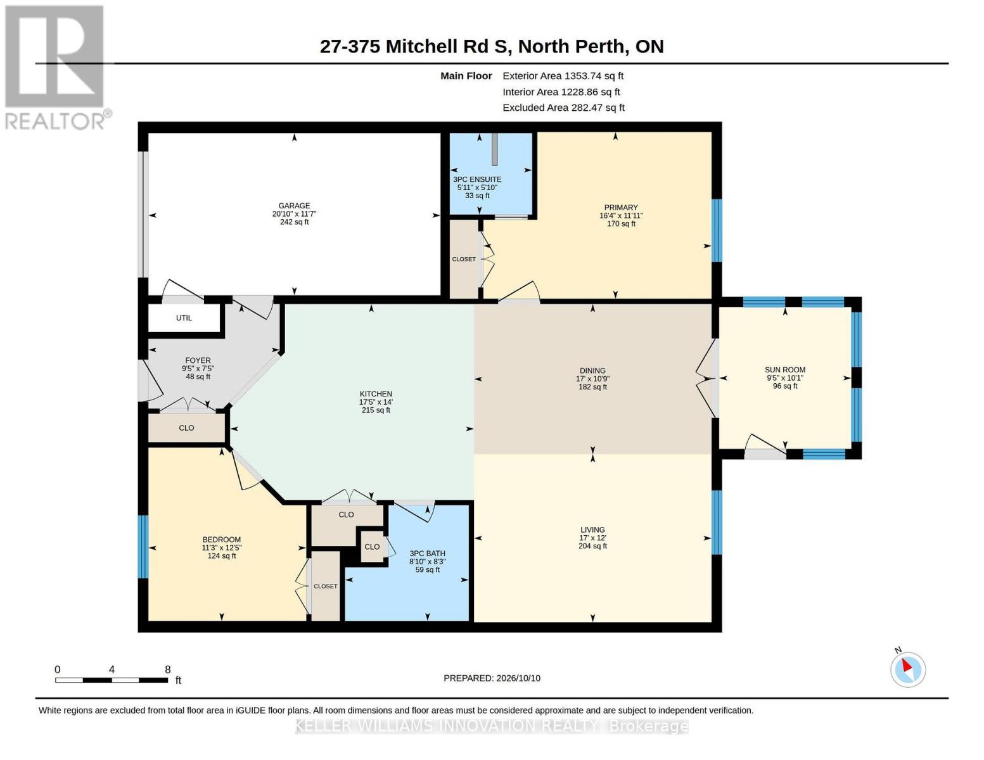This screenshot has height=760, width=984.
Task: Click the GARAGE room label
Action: pyautogui.click(x=294, y=205)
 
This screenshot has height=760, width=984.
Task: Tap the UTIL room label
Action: pyautogui.click(x=184, y=318)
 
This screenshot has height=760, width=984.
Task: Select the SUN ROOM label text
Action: pyautogui.click(x=785, y=369)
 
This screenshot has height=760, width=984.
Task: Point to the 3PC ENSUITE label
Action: pyautogui.click(x=477, y=179)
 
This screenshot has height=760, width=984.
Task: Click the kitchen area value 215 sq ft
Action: pyautogui.click(x=376, y=410)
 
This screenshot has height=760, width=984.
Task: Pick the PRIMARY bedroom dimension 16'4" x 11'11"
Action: pyautogui.click(x=621, y=215)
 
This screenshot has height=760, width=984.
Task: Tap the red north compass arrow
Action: pyautogui.click(x=907, y=665)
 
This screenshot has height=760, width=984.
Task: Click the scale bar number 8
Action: pyautogui.click(x=167, y=669)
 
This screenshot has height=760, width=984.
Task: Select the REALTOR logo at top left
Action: pyautogui.click(x=56, y=68)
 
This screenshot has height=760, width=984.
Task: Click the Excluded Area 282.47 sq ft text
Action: pyautogui.click(x=563, y=108)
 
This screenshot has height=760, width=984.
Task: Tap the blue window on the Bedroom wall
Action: pyautogui.click(x=143, y=547)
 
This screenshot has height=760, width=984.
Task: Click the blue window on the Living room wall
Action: pyautogui.click(x=717, y=522)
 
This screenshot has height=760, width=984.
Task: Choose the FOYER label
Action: pyautogui.click(x=198, y=360)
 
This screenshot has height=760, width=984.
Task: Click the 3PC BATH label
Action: pyautogui.click(x=427, y=553)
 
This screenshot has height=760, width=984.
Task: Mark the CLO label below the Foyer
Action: pyautogui.click(x=186, y=427)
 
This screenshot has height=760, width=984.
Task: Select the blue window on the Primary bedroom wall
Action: pyautogui.click(x=717, y=231)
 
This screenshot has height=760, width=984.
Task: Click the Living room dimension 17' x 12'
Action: pyautogui.click(x=592, y=538)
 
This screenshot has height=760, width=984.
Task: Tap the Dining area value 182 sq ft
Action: pyautogui.click(x=592, y=386)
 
